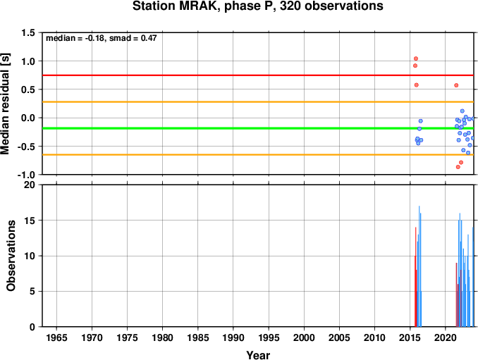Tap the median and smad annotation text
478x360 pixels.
click(102, 38)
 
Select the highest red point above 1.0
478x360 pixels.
click(416, 58)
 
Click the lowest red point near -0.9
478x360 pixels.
click(458, 167)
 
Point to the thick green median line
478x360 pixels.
click(258, 128)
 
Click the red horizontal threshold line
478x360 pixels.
click(258, 75)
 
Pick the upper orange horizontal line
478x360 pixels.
click(258, 101)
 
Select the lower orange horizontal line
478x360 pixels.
click(258, 155)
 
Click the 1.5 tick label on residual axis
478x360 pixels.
click(28, 32)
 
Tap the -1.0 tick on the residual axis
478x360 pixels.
click(26, 175)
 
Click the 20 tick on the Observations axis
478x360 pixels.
click(30, 185)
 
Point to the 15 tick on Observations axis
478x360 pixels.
click(30, 221)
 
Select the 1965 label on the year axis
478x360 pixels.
click(56, 337)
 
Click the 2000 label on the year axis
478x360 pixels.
click(304, 337)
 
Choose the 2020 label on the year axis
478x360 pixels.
click(446, 337)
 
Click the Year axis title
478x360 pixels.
click(258, 355)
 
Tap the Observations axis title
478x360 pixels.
click(11, 256)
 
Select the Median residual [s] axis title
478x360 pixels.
click(5, 104)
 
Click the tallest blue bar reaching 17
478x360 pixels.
click(419, 266)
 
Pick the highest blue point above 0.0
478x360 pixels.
click(462, 111)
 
